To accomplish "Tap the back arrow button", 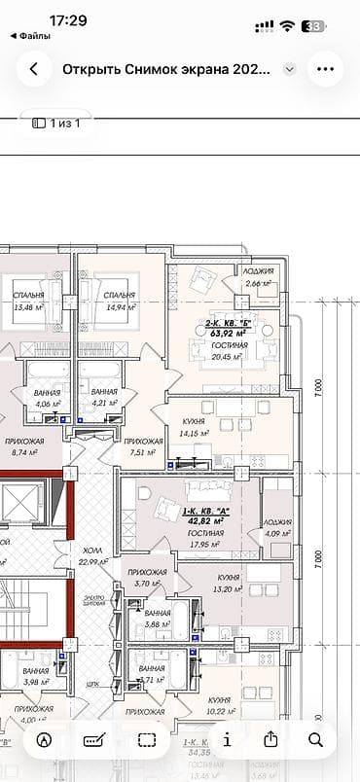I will coord(35,70).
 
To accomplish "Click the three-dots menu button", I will coord(325,70).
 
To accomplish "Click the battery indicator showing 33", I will coord(313,26).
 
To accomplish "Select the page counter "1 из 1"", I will coord(56,123).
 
